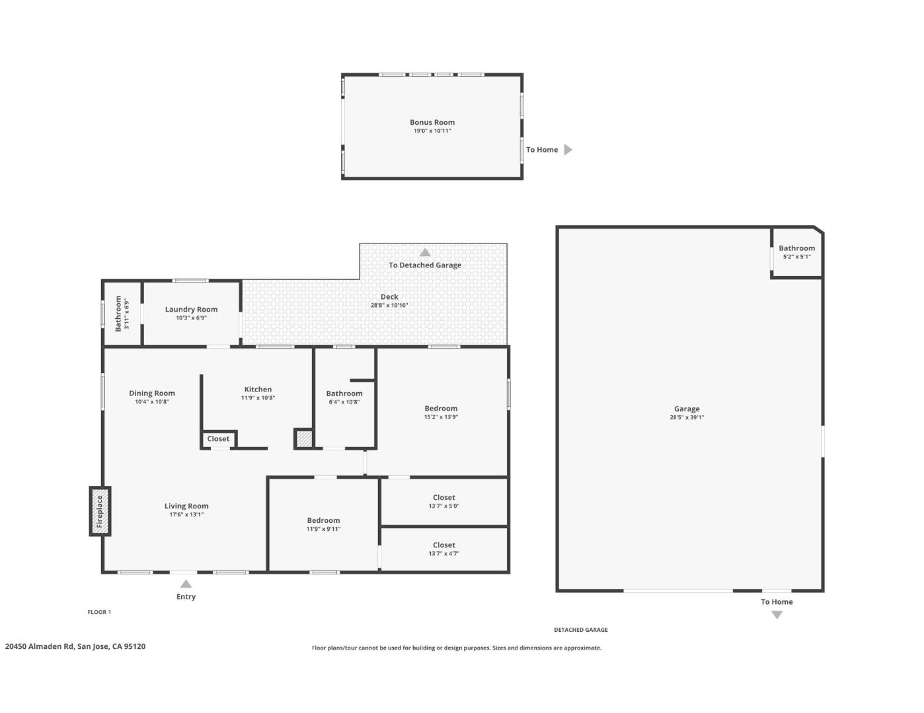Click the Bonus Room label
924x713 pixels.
click(432, 122)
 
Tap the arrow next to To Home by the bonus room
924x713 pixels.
click(568, 150)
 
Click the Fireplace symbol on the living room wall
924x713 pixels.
click(100, 511)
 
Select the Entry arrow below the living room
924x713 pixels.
click(186, 584)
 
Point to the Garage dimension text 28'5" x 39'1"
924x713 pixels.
click(687, 417)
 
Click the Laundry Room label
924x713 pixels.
click(191, 309)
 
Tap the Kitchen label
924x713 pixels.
click(258, 390)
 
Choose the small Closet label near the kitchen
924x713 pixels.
click(218, 439)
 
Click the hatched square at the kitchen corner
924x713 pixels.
click(304, 439)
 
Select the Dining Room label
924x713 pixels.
click(152, 393)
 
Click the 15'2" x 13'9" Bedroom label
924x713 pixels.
click(441, 409)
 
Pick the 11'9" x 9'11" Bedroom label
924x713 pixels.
click(323, 520)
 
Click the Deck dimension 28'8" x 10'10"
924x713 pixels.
click(389, 306)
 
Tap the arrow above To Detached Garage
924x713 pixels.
click(425, 252)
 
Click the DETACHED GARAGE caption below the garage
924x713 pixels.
click(580, 630)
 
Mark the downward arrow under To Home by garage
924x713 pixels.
click(777, 615)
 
